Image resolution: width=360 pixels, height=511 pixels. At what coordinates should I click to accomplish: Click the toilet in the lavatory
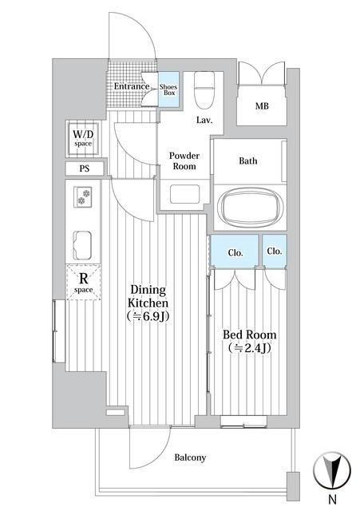(x=204, y=90)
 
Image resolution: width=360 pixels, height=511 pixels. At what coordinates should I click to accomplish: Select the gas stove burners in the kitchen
(x=83, y=197)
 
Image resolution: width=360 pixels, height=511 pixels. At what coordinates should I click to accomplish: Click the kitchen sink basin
(x=82, y=245)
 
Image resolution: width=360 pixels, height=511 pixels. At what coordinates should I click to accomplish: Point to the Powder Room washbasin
(x=184, y=194)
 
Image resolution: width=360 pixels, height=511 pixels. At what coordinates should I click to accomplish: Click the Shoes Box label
(x=168, y=89)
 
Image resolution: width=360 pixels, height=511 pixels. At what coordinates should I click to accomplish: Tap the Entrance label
(x=132, y=86)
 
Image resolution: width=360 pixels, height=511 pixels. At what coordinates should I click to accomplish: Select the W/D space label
(x=83, y=138)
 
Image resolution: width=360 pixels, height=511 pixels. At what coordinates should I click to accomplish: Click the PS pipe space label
(x=85, y=168)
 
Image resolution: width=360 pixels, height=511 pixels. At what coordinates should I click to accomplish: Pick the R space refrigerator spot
(x=83, y=282)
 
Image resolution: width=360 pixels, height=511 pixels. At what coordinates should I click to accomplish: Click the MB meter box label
(x=262, y=106)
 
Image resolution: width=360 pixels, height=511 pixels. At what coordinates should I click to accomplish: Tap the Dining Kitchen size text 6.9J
(x=148, y=316)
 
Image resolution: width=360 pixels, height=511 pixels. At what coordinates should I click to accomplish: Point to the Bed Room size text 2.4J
(x=250, y=348)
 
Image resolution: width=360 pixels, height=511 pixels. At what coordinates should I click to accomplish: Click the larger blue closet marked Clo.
(x=235, y=251)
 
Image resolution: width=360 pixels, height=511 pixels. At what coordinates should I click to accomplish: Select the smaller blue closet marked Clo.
(x=275, y=251)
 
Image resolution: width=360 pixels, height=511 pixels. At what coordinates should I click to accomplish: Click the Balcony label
(x=190, y=458)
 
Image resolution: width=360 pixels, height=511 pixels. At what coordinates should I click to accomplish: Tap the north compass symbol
(x=332, y=470)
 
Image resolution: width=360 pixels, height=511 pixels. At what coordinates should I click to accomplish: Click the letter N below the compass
(x=333, y=499)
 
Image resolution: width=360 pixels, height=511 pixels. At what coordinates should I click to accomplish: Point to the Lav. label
(x=204, y=120)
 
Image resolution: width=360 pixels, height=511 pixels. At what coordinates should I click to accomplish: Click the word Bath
(x=248, y=160)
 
